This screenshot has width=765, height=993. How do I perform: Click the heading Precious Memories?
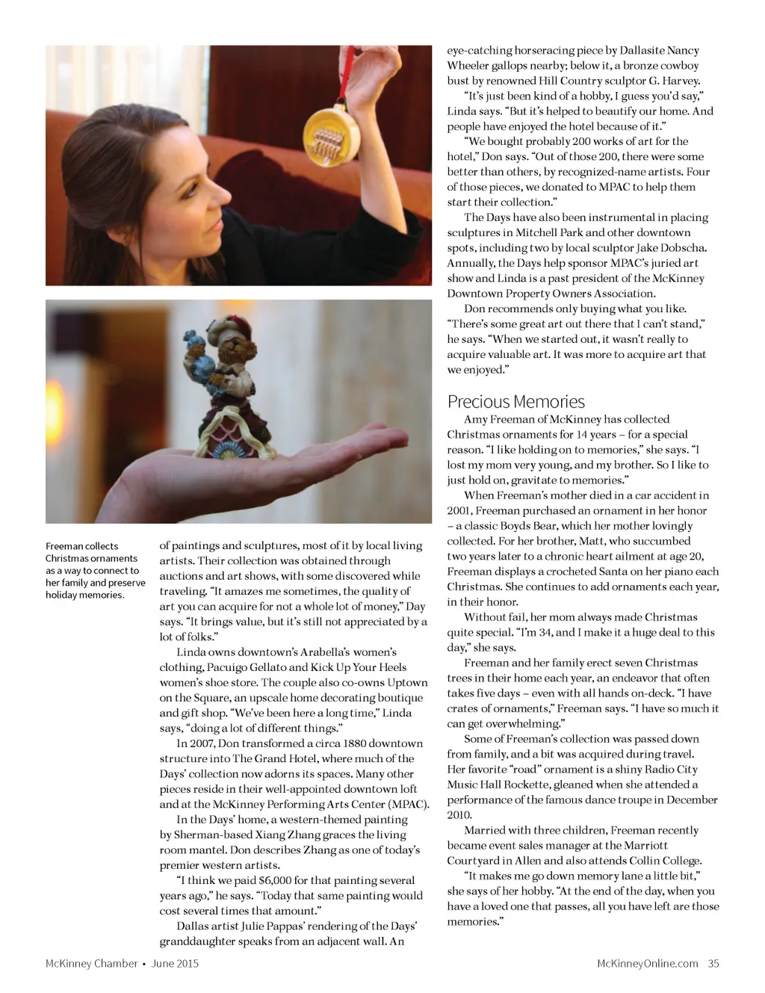click(x=515, y=401)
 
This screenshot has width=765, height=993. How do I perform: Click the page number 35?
click(x=713, y=963)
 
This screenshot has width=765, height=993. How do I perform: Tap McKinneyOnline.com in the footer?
click(x=647, y=963)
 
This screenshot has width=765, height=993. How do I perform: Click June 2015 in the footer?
click(x=175, y=963)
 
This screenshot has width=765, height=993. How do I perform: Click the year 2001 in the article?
click(x=459, y=510)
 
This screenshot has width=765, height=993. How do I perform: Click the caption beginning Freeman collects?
click(x=94, y=570)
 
